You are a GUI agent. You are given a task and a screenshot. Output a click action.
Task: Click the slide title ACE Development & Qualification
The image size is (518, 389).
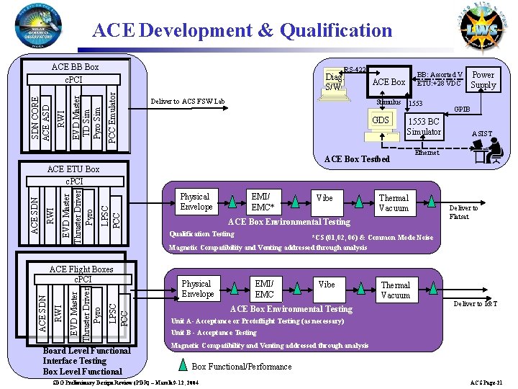(x=242, y=30)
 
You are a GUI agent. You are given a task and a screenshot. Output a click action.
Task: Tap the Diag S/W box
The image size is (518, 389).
(x=333, y=81)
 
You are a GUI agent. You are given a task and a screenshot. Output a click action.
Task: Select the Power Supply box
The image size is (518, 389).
(x=483, y=80)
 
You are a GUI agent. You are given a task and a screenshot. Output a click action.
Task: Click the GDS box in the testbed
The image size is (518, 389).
(x=380, y=120)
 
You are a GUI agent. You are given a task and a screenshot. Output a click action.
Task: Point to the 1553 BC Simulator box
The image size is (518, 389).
(x=424, y=127)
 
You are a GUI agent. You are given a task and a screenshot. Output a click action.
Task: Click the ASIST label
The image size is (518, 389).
(x=482, y=134)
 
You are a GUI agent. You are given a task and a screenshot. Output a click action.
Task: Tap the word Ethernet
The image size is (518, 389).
(x=427, y=153)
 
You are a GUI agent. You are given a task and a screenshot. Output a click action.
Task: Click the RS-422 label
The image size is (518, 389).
(x=355, y=70)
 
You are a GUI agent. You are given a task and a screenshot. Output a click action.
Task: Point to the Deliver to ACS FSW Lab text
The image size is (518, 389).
(x=187, y=101)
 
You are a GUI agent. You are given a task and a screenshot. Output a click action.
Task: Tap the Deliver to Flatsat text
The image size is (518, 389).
(x=463, y=212)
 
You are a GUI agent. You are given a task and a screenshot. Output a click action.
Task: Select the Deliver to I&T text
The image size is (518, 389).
(x=475, y=304)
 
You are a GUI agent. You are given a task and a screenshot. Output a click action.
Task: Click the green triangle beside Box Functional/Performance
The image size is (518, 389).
(x=183, y=365)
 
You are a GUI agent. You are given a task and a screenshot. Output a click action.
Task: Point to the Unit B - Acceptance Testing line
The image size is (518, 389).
(x=214, y=333)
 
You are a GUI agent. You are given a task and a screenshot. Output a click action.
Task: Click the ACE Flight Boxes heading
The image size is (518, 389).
(x=81, y=270)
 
